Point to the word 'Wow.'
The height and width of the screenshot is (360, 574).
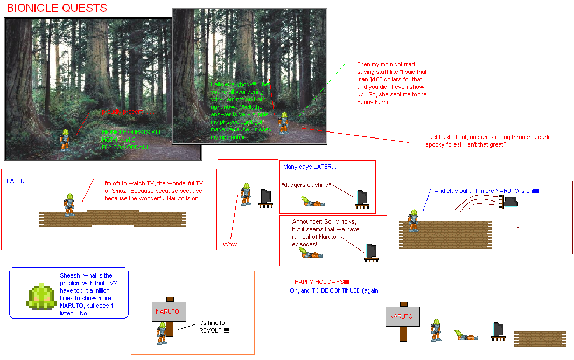[x=231, y=244]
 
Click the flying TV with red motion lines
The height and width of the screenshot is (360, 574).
[x=508, y=201]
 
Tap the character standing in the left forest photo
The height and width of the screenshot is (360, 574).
[x=65, y=140]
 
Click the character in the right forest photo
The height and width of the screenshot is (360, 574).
[x=283, y=122]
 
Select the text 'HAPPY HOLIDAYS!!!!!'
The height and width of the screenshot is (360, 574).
[x=321, y=282]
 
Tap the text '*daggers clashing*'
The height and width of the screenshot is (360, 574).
[x=306, y=185]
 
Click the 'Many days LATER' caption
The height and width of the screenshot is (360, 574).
[x=313, y=167]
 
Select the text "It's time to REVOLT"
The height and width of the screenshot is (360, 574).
[x=213, y=327]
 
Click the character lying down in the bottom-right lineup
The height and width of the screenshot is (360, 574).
[x=467, y=335]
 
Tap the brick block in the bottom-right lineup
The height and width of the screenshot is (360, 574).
[x=540, y=338]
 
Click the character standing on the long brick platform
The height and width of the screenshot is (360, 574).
[x=69, y=205]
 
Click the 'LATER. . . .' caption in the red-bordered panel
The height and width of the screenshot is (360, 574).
[x=21, y=181]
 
